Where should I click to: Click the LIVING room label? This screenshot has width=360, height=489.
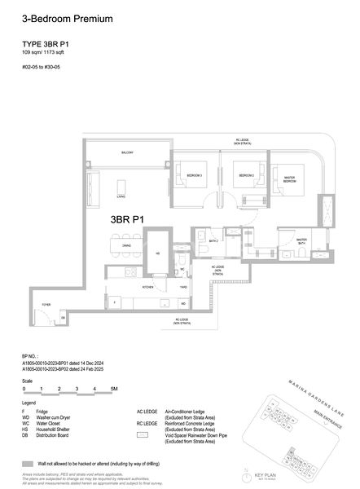[120, 196]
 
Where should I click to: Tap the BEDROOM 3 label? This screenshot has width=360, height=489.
[194, 175]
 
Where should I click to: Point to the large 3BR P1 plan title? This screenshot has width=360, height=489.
[128, 219]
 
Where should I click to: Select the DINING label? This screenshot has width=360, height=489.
[126, 245]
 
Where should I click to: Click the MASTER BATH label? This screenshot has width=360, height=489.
[287, 241]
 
